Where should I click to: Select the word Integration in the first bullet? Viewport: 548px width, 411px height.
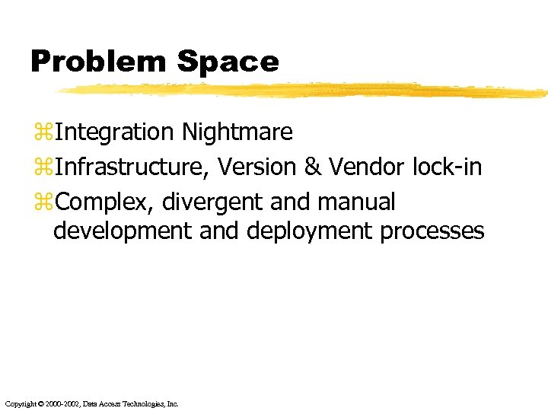click(x=114, y=132)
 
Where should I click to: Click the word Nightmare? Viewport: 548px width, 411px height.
click(x=237, y=132)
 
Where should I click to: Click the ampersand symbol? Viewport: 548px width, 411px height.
click(x=312, y=167)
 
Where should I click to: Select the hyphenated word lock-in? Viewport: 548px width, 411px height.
click(x=446, y=167)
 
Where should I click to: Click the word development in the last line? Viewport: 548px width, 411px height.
click(x=123, y=231)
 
